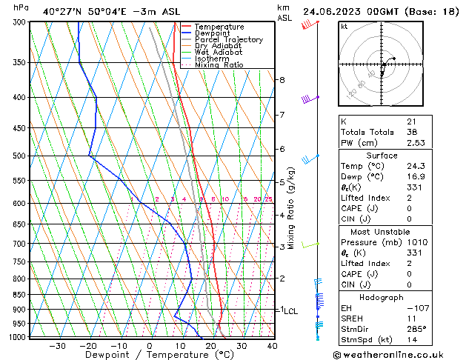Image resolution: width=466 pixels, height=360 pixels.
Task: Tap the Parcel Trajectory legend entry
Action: tap(228, 40)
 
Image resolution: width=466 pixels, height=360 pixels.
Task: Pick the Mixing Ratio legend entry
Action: tap(219, 65)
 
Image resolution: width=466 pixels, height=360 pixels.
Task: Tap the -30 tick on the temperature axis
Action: tap(57, 346)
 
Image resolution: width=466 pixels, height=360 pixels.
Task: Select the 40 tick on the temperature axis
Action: tap(272, 346)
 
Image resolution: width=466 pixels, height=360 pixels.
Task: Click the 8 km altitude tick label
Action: tap(282, 80)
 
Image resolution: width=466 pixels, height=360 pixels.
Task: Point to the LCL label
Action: tap(291, 311)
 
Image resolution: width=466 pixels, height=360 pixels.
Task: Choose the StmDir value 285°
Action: tap(416, 328)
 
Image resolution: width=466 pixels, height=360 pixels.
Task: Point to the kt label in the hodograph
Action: tap(344, 27)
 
